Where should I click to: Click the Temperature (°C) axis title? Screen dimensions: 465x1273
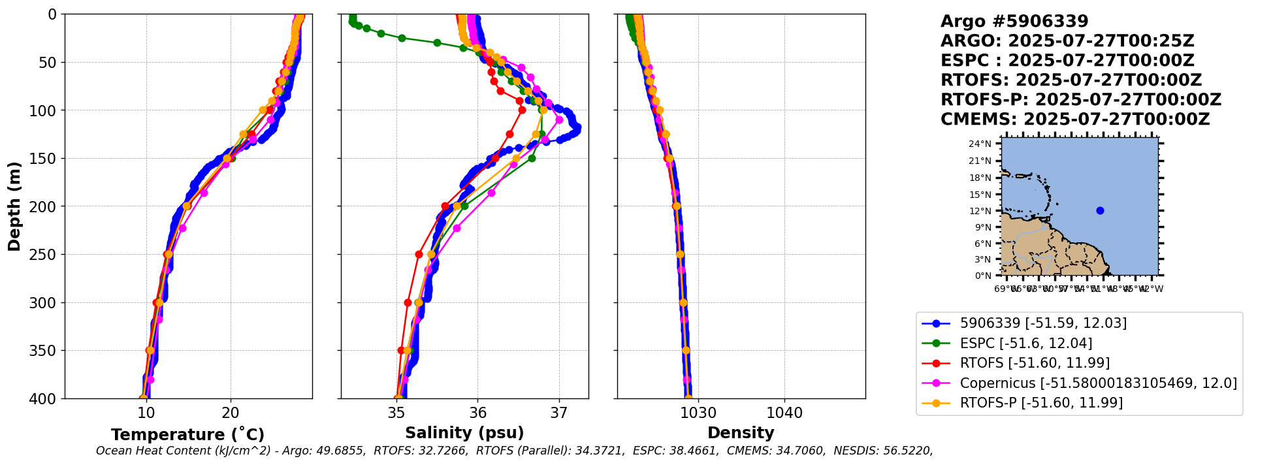point(187,434)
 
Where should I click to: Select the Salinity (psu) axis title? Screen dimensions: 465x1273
point(464,433)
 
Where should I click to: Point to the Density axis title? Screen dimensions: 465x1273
point(741,433)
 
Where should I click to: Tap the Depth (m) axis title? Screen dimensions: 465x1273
point(14,206)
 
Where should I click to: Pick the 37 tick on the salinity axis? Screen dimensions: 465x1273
point(559,413)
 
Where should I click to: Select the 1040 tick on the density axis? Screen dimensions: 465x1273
point(784,413)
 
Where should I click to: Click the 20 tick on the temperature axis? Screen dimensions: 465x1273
point(230,413)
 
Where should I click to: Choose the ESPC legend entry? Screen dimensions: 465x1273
point(1025,343)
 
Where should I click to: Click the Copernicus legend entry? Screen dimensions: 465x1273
point(1098,383)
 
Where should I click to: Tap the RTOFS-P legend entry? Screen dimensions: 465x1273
point(1041,402)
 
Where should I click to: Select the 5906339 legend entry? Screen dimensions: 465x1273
point(1043,323)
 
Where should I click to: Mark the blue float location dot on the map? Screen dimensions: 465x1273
point(1100,210)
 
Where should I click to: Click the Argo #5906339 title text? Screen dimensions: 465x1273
point(1014,22)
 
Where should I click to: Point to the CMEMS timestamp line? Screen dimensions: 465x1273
point(1075,120)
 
